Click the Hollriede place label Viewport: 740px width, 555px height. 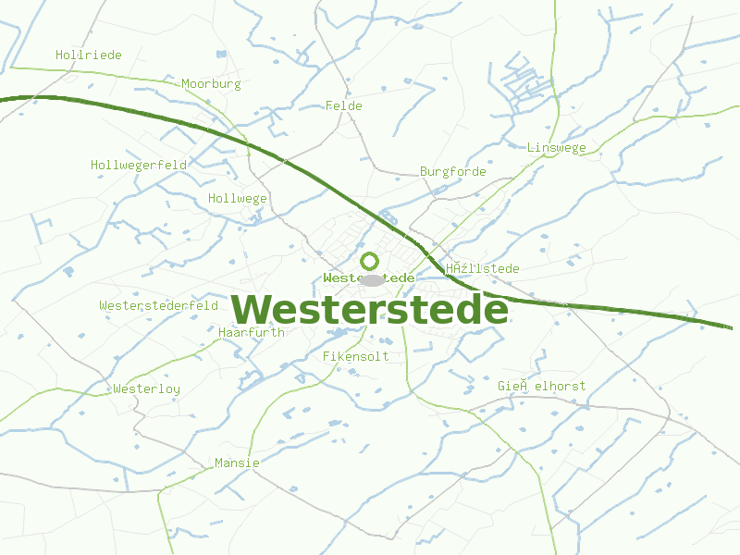[x=89, y=55]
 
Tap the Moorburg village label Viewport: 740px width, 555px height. [x=211, y=83]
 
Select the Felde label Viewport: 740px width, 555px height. [x=344, y=105]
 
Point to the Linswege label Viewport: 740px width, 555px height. [x=556, y=147]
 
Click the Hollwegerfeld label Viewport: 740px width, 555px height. [x=139, y=165]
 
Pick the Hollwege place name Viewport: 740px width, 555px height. [x=238, y=198]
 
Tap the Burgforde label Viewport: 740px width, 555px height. [x=452, y=171]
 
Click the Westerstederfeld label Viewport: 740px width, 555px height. [x=158, y=305]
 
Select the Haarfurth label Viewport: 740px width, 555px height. [x=252, y=331]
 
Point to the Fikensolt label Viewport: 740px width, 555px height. [x=355, y=355]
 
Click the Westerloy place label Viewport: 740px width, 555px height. [x=146, y=388]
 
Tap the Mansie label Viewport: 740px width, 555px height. [x=237, y=462]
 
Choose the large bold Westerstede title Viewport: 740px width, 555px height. [x=369, y=309]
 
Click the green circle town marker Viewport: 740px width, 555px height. [x=370, y=261]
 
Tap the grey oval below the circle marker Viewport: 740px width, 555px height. [x=372, y=280]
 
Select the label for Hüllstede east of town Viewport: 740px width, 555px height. [x=482, y=268]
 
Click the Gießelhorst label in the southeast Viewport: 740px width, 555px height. [x=541, y=385]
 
